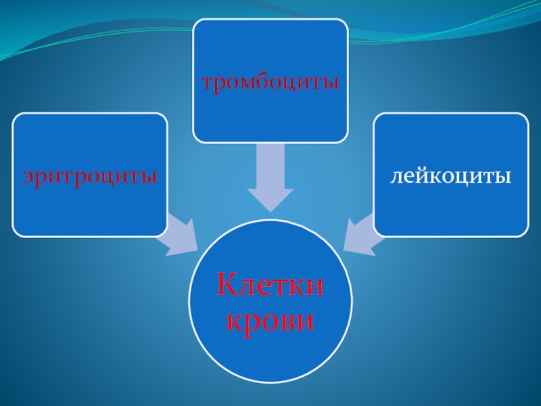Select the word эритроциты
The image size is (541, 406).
[x=90, y=177]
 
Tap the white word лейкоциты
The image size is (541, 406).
[x=450, y=177]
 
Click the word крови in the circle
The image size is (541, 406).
[x=270, y=319]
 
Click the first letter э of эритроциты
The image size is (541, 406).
[x=29, y=178]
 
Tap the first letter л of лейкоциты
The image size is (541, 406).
[x=395, y=178]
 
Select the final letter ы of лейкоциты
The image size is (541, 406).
[x=504, y=178]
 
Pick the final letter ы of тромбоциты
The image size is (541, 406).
[x=331, y=85]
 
